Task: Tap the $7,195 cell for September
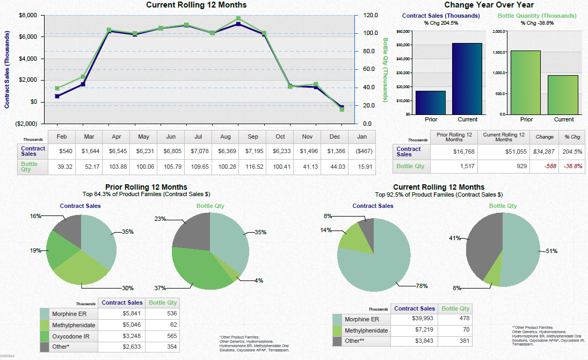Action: (x=252, y=152)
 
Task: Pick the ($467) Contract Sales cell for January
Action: (x=362, y=152)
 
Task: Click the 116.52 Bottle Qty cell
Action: (x=252, y=167)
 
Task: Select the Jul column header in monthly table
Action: (x=198, y=136)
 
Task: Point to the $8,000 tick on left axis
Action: (x=28, y=15)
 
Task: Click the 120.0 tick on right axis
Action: (x=369, y=15)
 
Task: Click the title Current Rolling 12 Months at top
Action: (x=197, y=5)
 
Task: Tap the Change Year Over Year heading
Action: (x=489, y=5)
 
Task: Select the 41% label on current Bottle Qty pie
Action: (x=455, y=237)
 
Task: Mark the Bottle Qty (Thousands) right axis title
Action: (x=385, y=70)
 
